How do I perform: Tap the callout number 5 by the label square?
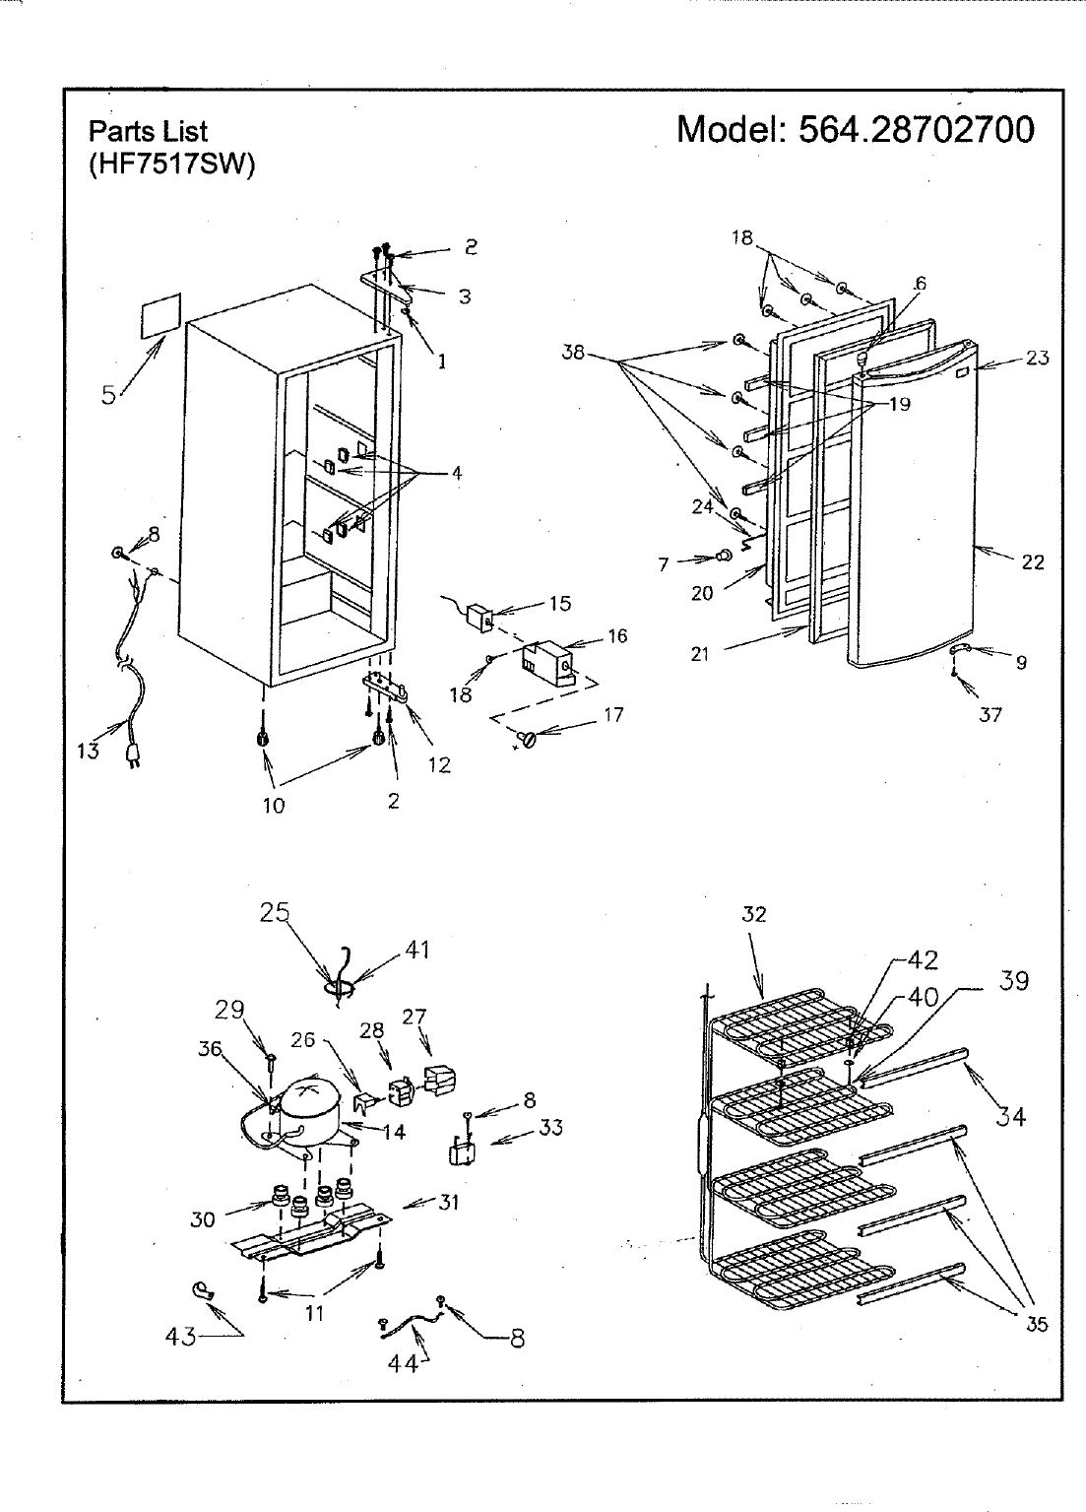click(110, 395)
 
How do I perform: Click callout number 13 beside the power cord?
click(88, 751)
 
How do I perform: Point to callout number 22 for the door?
click(1032, 562)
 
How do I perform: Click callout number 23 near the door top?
click(1037, 359)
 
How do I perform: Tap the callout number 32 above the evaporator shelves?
click(753, 914)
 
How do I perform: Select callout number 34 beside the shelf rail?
click(1011, 1115)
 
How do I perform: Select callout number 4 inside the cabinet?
click(456, 473)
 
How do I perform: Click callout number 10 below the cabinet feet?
click(273, 805)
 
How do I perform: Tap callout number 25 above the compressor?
click(275, 912)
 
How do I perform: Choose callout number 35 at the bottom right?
click(1037, 1325)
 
